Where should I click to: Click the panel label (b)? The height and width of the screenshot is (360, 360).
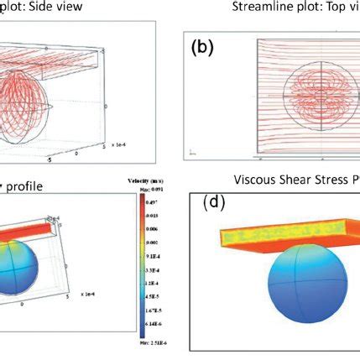pyautogui.click(x=203, y=48)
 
